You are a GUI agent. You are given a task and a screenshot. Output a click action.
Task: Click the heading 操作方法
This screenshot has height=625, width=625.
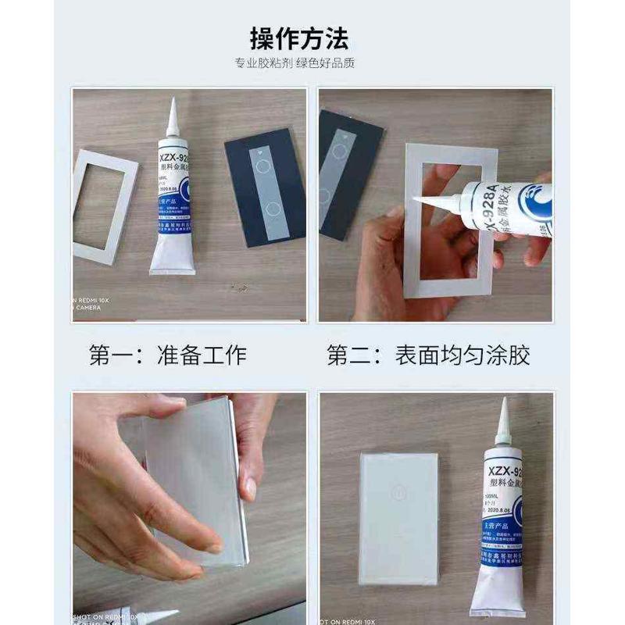point(299,37)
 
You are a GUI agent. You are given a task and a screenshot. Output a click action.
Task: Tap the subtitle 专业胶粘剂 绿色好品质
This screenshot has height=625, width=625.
point(299,63)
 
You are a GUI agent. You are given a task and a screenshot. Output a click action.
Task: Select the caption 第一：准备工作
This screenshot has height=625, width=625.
point(167,355)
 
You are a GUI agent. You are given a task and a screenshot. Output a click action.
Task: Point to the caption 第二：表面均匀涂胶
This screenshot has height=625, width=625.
point(428,355)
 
